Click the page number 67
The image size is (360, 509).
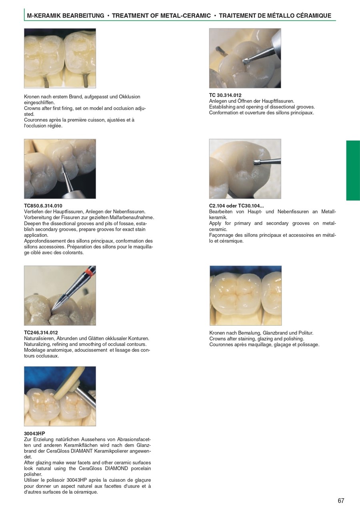click(341, 501)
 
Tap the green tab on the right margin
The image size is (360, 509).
click(353, 170)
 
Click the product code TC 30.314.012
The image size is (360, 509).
click(225, 95)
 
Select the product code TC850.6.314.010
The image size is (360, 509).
click(43, 206)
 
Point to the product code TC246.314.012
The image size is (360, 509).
click(41, 333)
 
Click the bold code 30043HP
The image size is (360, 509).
click(34, 433)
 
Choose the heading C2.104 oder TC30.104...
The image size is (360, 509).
click(236, 206)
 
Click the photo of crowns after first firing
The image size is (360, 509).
click(60, 58)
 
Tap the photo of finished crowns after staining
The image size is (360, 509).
click(245, 295)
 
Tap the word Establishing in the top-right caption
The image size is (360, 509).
click(222, 107)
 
